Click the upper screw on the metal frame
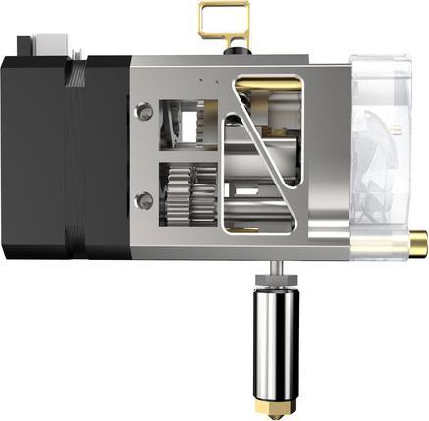146,113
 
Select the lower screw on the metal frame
146,200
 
